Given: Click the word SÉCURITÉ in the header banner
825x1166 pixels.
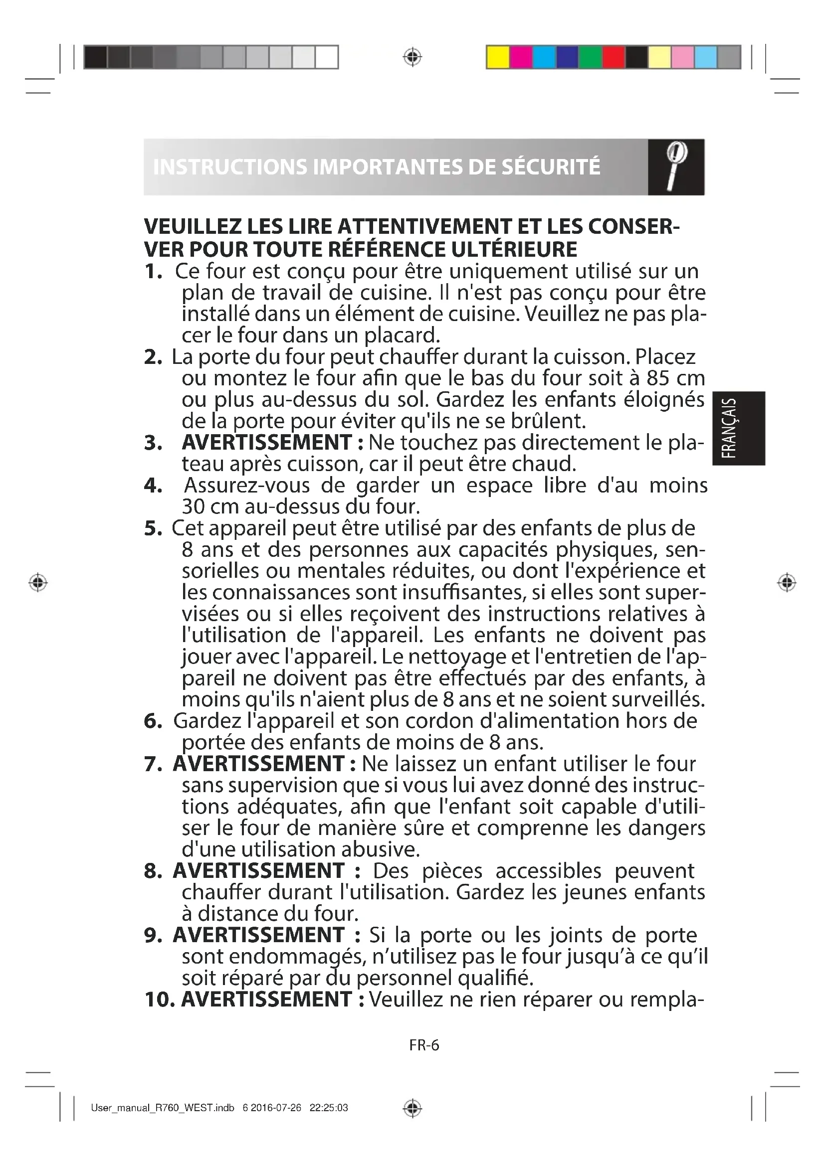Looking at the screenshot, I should (x=551, y=167).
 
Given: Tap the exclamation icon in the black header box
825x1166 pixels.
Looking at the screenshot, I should (x=676, y=167).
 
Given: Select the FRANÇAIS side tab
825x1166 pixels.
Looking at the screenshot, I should (x=738, y=428).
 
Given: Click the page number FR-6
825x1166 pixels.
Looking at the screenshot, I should (x=424, y=1045).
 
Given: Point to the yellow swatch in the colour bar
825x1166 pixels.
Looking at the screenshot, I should (x=498, y=57).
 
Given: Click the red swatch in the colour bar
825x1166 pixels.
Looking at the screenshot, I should (x=613, y=57).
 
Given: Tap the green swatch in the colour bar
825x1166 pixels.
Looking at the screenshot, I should (x=590, y=57).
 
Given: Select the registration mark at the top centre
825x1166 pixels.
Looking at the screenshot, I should (x=412, y=57).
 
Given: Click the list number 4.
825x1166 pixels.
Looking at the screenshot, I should (x=153, y=486).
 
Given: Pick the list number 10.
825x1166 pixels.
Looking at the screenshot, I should (x=160, y=999).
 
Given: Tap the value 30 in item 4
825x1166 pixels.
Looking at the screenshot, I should (x=193, y=507).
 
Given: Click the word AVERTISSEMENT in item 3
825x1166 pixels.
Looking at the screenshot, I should (x=267, y=442).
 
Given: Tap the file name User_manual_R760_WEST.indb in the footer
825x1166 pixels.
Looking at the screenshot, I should (x=162, y=1108).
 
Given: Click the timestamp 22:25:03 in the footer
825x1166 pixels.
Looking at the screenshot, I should (x=329, y=1108).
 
